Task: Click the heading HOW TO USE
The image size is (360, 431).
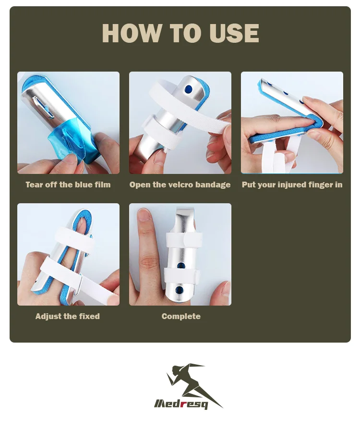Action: click(x=180, y=33)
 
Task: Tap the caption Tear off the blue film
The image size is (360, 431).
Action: click(x=68, y=185)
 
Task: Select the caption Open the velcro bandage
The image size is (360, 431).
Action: click(x=180, y=185)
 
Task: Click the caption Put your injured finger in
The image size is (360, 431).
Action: click(x=292, y=185)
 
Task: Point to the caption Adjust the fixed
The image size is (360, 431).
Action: click(x=68, y=316)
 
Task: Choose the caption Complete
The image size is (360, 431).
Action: click(x=181, y=316)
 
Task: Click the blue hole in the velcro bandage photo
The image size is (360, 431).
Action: click(x=188, y=89)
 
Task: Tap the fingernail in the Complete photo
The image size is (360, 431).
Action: click(x=144, y=214)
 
